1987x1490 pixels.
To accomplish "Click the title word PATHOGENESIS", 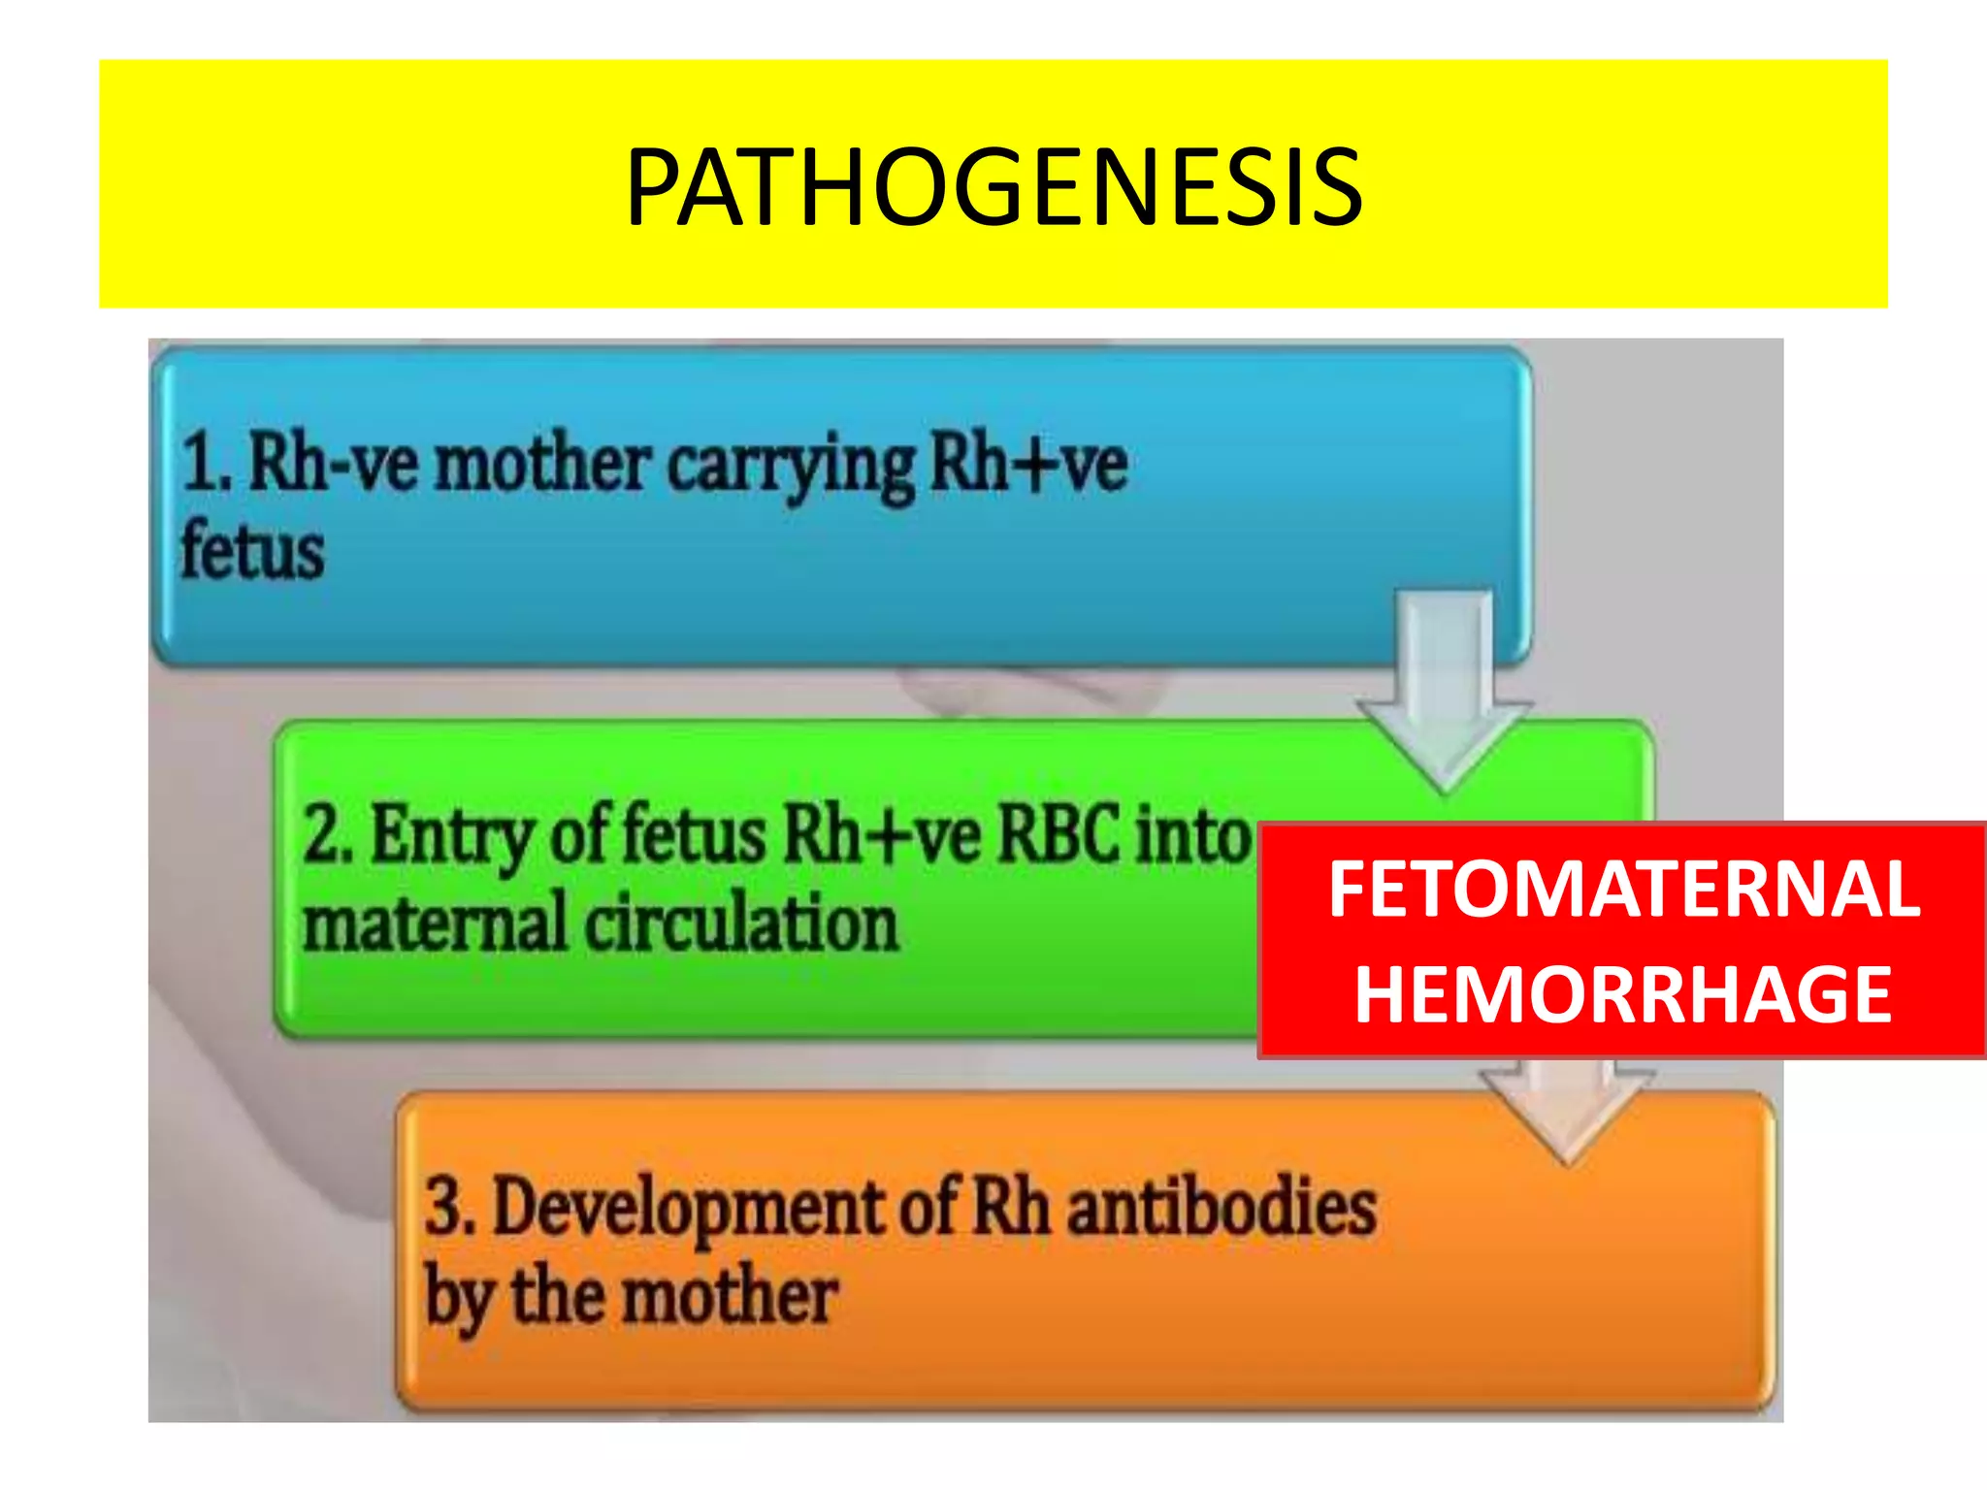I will click(993, 187).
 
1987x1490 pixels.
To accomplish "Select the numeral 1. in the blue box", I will click(207, 464).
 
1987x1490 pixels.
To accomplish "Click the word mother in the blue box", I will click(541, 464).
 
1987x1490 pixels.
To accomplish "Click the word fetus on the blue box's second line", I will click(252, 551).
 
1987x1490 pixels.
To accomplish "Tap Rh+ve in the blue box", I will click(1028, 464).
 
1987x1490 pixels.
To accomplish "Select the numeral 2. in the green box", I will click(327, 834).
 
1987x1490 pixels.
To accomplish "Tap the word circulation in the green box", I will click(742, 923).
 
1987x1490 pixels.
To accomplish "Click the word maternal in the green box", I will click(435, 923).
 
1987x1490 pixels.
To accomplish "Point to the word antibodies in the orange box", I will click(1222, 1208).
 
